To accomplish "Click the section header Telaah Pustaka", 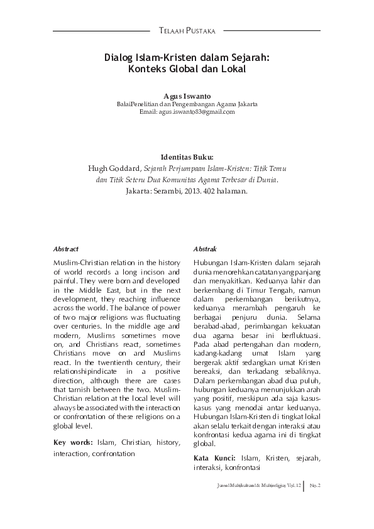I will pyautogui.click(x=187, y=30).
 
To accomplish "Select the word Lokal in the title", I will pyautogui.click(x=231, y=69).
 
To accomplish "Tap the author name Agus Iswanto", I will pyautogui.click(x=187, y=95).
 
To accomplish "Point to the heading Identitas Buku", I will pyautogui.click(x=187, y=156).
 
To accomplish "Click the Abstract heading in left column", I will pyautogui.click(x=66, y=249).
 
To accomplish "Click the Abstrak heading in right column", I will pyautogui.click(x=206, y=249).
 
